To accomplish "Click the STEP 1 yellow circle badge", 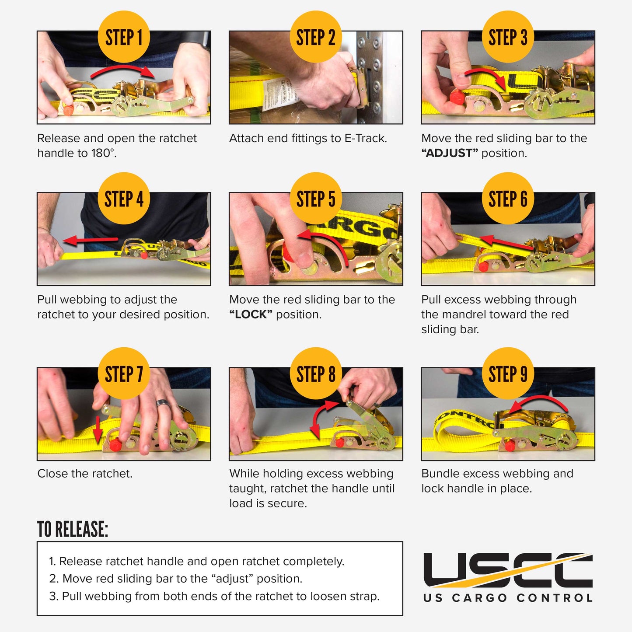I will (124, 37).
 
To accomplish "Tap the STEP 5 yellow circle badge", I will (316, 199).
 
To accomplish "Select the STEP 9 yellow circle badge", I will (508, 374).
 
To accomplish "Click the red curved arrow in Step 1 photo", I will (122, 70).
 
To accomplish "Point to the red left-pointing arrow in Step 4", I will (90, 240).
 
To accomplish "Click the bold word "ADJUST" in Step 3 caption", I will (449, 154).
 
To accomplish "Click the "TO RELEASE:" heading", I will (73, 529).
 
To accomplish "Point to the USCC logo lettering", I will (507, 570).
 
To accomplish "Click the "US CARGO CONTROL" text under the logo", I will (507, 598).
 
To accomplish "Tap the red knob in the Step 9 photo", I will (509, 447).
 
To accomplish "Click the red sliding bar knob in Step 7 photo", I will (115, 445).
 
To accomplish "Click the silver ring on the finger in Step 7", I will (161, 402).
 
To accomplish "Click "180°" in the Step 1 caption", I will (104, 154).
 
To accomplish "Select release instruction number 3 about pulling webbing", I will (214, 597).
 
